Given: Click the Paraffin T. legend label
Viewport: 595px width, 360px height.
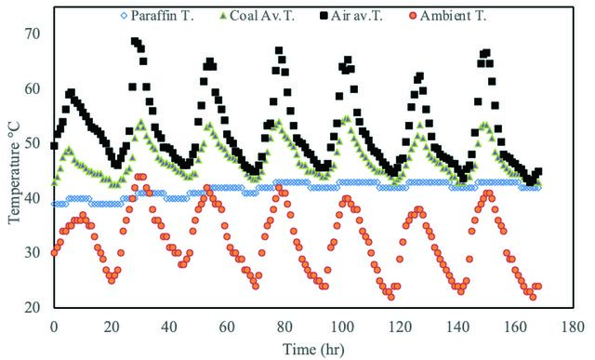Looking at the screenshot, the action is point(162,16).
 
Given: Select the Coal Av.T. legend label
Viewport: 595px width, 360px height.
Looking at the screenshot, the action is point(262,16).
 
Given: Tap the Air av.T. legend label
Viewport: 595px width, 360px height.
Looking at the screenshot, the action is point(357,16).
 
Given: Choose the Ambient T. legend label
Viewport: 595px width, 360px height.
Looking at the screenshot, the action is point(453,16).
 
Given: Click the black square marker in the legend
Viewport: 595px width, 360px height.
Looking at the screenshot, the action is point(324,16).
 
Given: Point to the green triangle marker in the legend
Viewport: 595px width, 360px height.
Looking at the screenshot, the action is point(223,16).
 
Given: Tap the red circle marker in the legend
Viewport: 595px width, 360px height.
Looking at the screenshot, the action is point(413,16).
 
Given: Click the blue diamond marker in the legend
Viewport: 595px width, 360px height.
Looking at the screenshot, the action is point(124,16).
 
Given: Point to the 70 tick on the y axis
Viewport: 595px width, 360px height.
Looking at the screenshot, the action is point(33,33).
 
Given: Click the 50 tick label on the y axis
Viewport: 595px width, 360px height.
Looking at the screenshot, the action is point(33,143).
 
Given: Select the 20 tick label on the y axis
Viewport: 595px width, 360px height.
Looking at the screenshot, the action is point(33,307).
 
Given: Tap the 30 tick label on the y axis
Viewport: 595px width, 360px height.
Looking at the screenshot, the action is point(33,252).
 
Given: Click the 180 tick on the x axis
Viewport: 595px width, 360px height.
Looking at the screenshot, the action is point(573,327).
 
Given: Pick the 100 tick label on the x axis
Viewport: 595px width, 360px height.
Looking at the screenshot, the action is point(342,327).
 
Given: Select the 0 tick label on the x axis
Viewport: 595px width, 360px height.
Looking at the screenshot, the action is point(54,327).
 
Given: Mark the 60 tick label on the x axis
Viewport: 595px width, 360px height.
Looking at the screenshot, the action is point(227,327).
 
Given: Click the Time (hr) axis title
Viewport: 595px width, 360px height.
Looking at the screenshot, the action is point(313,349).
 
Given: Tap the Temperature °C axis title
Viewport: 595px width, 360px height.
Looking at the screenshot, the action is point(14,168).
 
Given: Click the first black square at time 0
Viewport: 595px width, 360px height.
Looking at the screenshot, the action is point(54,145).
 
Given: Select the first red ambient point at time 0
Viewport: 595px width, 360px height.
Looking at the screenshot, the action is point(54,253).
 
